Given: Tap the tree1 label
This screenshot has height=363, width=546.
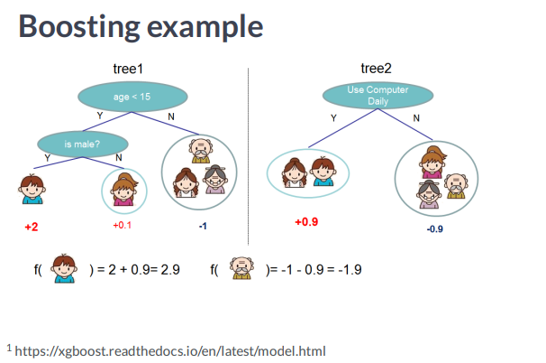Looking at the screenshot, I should (x=132, y=69).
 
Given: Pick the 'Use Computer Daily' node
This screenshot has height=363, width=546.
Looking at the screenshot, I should (x=378, y=96).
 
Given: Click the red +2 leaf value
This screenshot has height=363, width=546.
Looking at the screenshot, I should (x=32, y=226).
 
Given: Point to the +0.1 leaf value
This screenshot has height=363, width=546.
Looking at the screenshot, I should (x=122, y=226).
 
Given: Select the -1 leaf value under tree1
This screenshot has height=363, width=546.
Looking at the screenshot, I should (x=203, y=226).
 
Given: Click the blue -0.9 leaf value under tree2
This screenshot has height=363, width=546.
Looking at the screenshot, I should (x=434, y=229).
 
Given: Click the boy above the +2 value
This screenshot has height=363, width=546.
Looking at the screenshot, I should (x=32, y=190).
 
